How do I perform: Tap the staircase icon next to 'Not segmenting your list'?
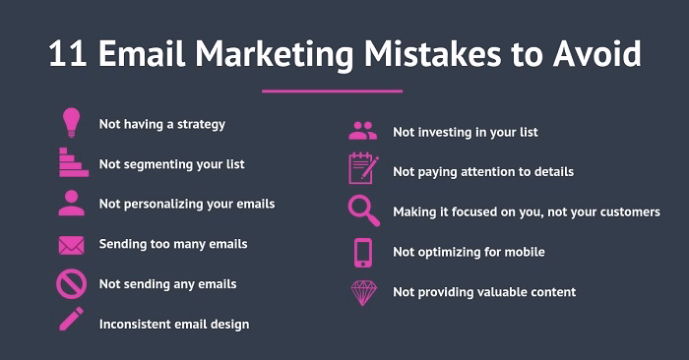click(72, 162)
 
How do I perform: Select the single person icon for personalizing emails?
click(71, 203)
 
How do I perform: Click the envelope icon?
click(71, 243)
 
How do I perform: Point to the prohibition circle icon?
click(71, 283)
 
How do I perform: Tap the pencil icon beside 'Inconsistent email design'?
click(71, 321)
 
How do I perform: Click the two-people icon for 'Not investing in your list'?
click(362, 131)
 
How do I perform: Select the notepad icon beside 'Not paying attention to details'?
click(362, 169)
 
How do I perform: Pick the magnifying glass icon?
click(362, 210)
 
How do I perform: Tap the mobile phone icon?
click(362, 252)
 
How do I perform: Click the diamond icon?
click(362, 292)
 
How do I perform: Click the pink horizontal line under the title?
click(332, 90)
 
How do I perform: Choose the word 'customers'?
click(627, 211)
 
